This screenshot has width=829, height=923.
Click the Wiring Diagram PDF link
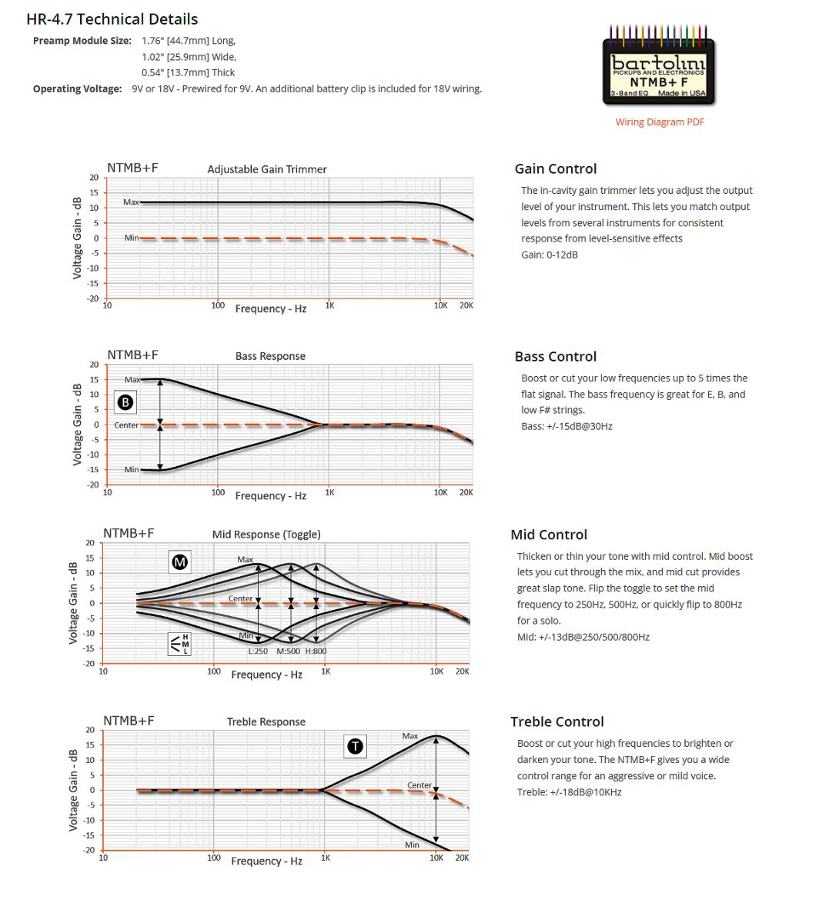(660, 122)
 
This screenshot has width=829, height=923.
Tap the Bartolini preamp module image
(659, 69)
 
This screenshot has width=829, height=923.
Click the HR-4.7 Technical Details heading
(112, 19)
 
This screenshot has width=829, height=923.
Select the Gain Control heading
(555, 168)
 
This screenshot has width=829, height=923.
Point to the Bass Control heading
(555, 356)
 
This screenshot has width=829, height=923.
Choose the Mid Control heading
(548, 535)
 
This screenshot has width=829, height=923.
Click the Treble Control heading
(557, 721)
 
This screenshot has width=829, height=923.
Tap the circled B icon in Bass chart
(125, 402)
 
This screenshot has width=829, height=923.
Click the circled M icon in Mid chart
(179, 562)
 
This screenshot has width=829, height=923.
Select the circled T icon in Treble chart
(355, 745)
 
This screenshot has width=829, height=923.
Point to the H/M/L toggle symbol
(179, 645)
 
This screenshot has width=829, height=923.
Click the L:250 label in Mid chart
(258, 651)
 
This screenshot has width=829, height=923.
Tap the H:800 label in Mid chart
(316, 651)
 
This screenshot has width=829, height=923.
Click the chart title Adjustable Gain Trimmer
(267, 169)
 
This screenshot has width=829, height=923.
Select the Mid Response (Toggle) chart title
(266, 535)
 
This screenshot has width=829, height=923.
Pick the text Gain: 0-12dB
(549, 255)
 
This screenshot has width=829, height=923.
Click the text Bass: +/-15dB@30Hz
(567, 426)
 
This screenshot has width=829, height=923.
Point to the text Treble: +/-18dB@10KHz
(569, 792)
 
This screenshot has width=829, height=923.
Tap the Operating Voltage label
(77, 89)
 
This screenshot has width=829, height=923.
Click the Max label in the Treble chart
(409, 736)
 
